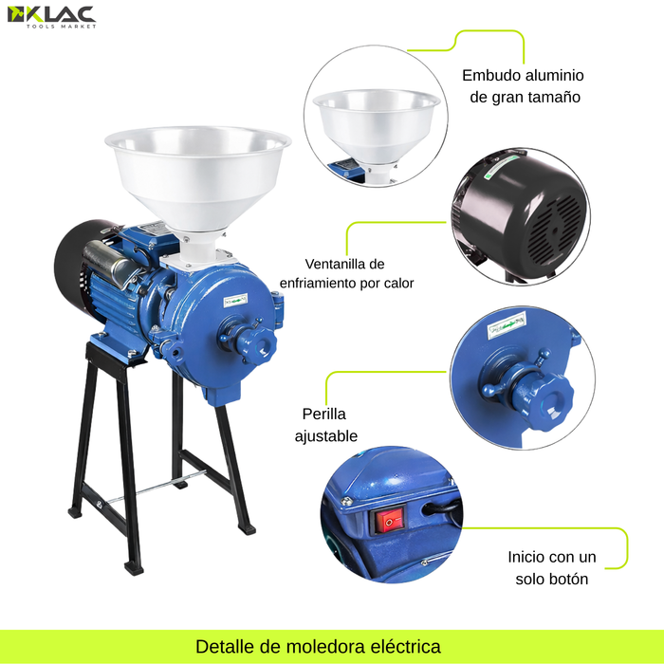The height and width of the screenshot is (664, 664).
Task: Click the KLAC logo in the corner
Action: [x=51, y=17]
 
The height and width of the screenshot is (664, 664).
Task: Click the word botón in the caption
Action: [x=566, y=579]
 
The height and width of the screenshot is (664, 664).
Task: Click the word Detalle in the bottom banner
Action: [x=226, y=646]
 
